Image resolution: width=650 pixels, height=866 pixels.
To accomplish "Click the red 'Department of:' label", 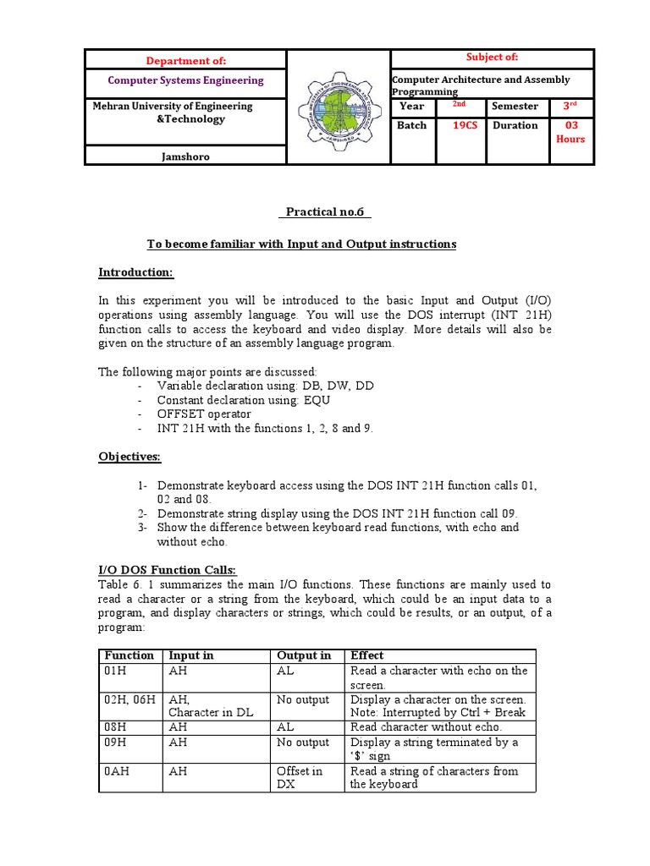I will (x=185, y=61).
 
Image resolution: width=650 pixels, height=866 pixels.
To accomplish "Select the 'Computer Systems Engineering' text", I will (x=185, y=80).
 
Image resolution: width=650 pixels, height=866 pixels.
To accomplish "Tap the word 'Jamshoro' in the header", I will (x=185, y=156).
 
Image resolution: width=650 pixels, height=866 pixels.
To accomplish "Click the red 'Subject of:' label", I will (x=492, y=58).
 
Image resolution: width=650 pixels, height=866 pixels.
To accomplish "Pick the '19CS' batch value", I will (x=460, y=125).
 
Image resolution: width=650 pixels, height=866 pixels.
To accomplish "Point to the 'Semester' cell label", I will (x=515, y=107).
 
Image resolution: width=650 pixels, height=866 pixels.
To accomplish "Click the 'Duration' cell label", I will (x=515, y=125).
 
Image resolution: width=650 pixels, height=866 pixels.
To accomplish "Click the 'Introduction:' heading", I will (x=136, y=272).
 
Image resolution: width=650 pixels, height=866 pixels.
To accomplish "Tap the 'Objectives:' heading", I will (x=129, y=457).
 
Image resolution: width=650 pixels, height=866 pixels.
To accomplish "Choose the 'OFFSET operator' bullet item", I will (x=203, y=414).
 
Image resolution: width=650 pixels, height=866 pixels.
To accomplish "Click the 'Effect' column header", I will (x=366, y=655).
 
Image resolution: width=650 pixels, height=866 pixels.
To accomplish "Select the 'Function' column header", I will (x=129, y=655).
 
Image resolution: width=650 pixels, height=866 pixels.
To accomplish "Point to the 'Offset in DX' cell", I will (x=299, y=777).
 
